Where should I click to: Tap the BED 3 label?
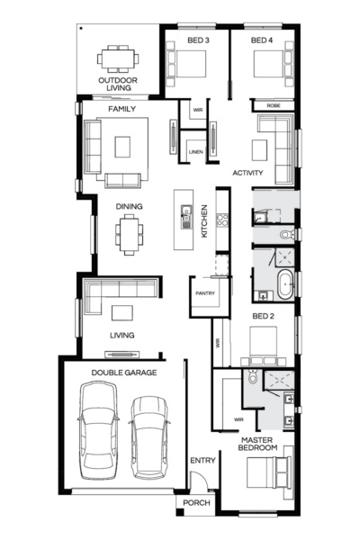click(x=199, y=40)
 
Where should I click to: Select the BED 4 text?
click(x=262, y=40)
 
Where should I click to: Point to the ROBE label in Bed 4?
click(x=273, y=106)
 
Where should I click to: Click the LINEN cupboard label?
click(x=195, y=152)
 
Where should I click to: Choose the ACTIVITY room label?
click(x=247, y=172)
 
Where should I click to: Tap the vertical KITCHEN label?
click(x=205, y=220)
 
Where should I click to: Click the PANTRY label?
click(x=203, y=293)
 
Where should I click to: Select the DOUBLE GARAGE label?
click(x=123, y=371)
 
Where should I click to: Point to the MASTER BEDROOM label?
click(x=257, y=443)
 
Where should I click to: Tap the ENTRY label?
click(x=202, y=461)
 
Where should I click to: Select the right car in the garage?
click(x=149, y=434)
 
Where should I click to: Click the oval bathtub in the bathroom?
click(x=284, y=283)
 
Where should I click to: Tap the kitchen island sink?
click(x=186, y=216)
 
